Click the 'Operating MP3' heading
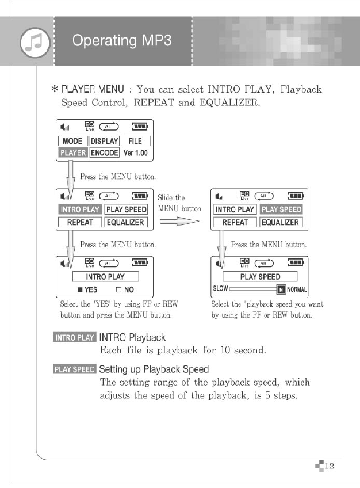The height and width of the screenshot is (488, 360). coord(122,40)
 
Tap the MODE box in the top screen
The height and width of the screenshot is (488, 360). coord(72,141)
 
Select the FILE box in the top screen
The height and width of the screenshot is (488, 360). coord(135,141)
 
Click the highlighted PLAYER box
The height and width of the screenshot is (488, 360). coord(72,152)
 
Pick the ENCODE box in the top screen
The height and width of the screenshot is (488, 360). coord(104,152)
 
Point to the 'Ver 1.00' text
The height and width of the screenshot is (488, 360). coord(136,153)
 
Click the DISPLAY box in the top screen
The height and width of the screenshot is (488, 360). coord(104,141)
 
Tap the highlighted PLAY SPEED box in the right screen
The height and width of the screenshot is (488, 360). coord(281,209)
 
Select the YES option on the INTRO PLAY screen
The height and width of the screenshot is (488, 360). coord(87,289)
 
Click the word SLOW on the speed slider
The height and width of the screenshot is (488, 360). coord(220,289)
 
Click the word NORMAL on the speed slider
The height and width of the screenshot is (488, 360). coord(297,289)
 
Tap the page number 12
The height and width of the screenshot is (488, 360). coord(329,466)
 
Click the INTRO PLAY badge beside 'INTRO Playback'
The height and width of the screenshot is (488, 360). coord(74,337)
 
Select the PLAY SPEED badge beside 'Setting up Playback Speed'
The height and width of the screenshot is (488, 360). coord(74,369)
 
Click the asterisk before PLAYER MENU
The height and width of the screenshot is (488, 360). coord(56,90)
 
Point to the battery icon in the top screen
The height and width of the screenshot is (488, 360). coord(140,127)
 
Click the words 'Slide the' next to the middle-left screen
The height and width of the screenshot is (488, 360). coord(171,197)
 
